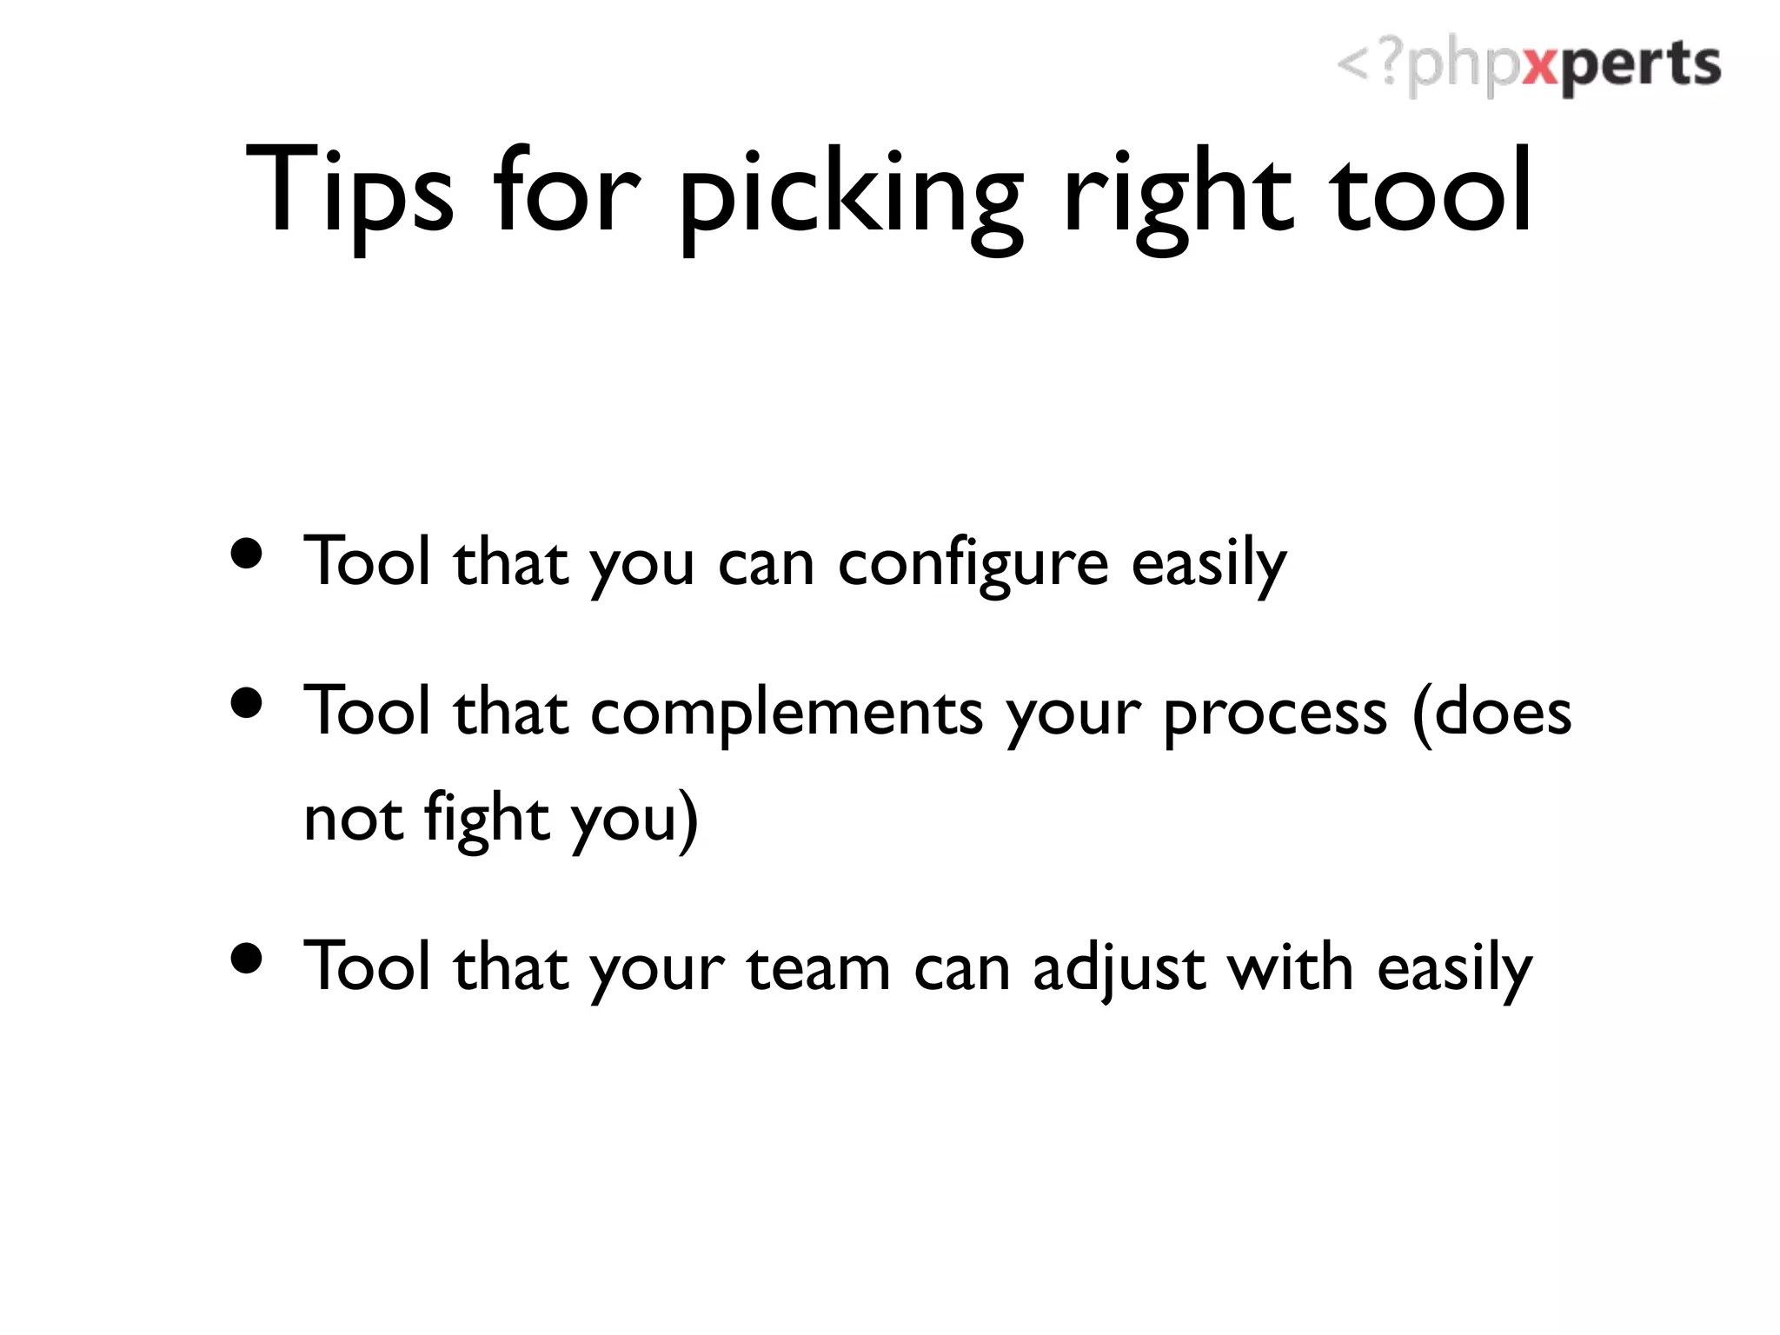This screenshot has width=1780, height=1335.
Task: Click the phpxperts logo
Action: pos(1528,66)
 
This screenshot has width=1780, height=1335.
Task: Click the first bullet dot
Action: pos(248,554)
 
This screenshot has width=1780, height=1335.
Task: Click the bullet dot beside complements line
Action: pos(248,703)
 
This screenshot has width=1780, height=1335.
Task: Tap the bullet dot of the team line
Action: pos(248,959)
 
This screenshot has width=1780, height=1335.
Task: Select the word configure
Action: pos(973,565)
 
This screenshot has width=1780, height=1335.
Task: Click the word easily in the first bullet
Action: pos(1208,565)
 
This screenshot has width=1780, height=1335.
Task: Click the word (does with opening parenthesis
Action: pos(1491,713)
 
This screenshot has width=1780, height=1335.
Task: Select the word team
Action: pos(818,969)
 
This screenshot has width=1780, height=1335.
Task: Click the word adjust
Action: pos(1119,969)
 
